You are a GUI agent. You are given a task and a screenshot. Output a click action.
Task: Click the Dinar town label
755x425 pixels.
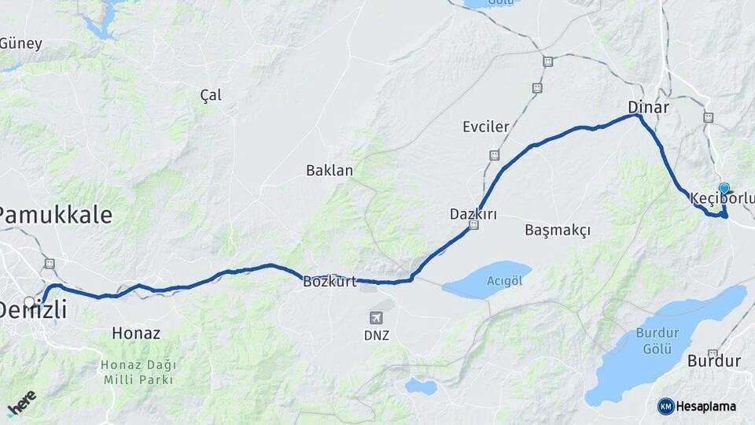[648, 107]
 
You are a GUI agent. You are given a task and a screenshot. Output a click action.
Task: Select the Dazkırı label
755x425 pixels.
[473, 213]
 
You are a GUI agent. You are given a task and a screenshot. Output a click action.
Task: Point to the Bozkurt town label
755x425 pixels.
[330, 282]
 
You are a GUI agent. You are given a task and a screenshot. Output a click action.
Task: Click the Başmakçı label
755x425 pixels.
[557, 230]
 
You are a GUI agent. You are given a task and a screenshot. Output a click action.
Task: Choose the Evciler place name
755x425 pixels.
[485, 127]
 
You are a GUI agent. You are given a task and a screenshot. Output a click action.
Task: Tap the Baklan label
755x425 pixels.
[330, 170]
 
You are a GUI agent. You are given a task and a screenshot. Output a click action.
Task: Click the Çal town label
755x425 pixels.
[211, 95]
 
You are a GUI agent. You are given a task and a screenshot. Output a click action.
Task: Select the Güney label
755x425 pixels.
[21, 43]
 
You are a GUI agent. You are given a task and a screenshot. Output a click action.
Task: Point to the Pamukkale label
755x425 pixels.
[55, 215]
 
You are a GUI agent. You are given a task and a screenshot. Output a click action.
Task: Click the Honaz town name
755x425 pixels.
[136, 333]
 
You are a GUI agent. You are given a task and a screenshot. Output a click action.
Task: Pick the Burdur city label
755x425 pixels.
[714, 361]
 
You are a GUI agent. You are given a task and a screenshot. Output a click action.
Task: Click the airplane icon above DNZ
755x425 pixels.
[377, 317]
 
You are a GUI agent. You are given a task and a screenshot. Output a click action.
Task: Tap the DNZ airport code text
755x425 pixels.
[377, 335]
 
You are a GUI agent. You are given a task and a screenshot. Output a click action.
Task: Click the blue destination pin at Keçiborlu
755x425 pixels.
[724, 189]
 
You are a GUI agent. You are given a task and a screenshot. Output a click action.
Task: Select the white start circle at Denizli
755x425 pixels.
[29, 301]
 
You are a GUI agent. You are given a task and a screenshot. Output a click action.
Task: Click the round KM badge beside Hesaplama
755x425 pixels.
[666, 406]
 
